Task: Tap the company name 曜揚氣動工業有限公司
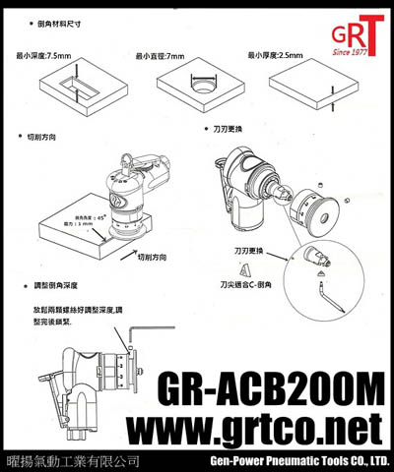pos(71,460)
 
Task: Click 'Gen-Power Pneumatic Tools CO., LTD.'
pos(300,460)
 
